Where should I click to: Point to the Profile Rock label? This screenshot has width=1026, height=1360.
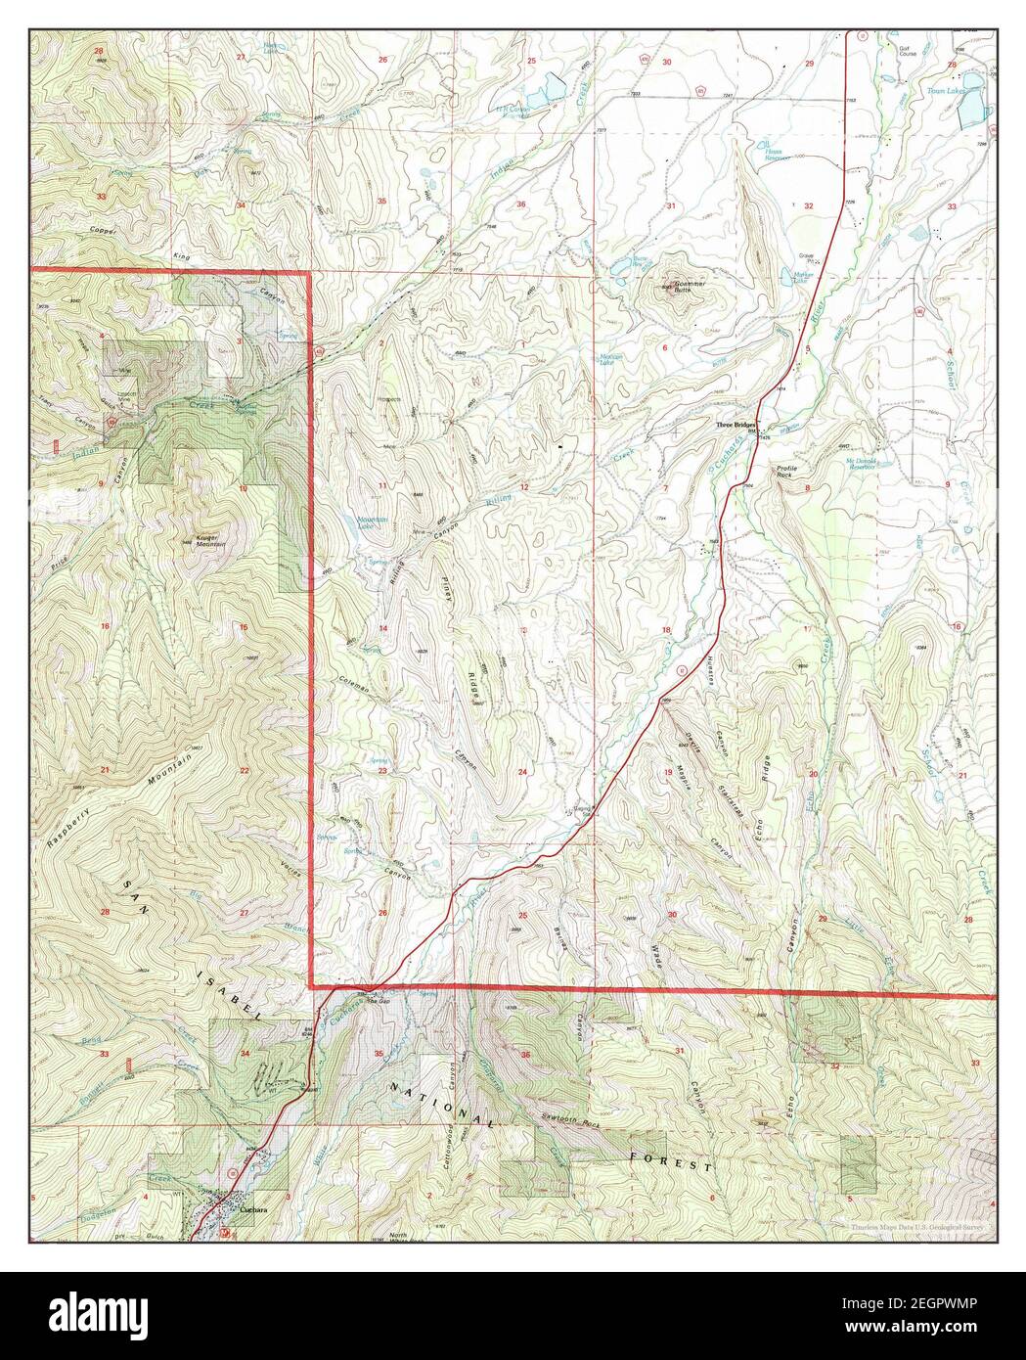tap(789, 473)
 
